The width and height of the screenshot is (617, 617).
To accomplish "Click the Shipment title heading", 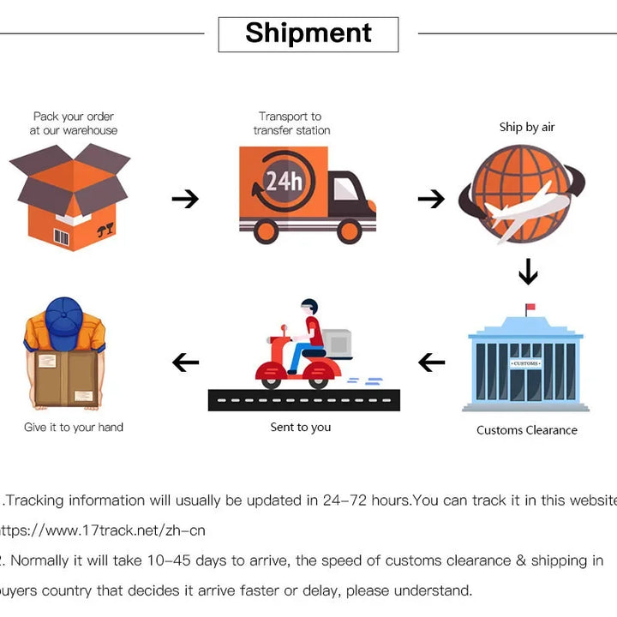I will coord(308,33).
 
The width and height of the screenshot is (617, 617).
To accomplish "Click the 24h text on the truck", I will coord(283,181).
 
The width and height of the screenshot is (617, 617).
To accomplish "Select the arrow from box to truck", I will coord(184,199).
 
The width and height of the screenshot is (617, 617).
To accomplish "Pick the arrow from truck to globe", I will coord(431,199).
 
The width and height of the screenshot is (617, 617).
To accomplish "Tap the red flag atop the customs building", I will coord(530,307).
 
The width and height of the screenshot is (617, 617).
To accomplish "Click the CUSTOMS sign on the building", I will coord(525,364).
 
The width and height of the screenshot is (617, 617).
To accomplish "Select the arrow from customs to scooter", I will coord(431,362).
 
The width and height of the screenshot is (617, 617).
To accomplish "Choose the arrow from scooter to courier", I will coord(185,362).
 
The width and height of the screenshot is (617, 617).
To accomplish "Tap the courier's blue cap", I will coord(63,316).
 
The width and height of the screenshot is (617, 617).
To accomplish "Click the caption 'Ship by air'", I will coord(527,127).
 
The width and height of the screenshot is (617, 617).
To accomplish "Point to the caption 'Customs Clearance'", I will coord(527,430).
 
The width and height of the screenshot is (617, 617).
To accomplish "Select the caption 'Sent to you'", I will coord(301,427).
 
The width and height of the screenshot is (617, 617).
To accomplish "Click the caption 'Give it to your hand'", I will coord(74,427).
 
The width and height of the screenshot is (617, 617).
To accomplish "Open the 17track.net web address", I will coord(103,530).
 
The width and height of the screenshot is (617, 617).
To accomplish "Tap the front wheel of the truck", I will coord(350,231).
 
